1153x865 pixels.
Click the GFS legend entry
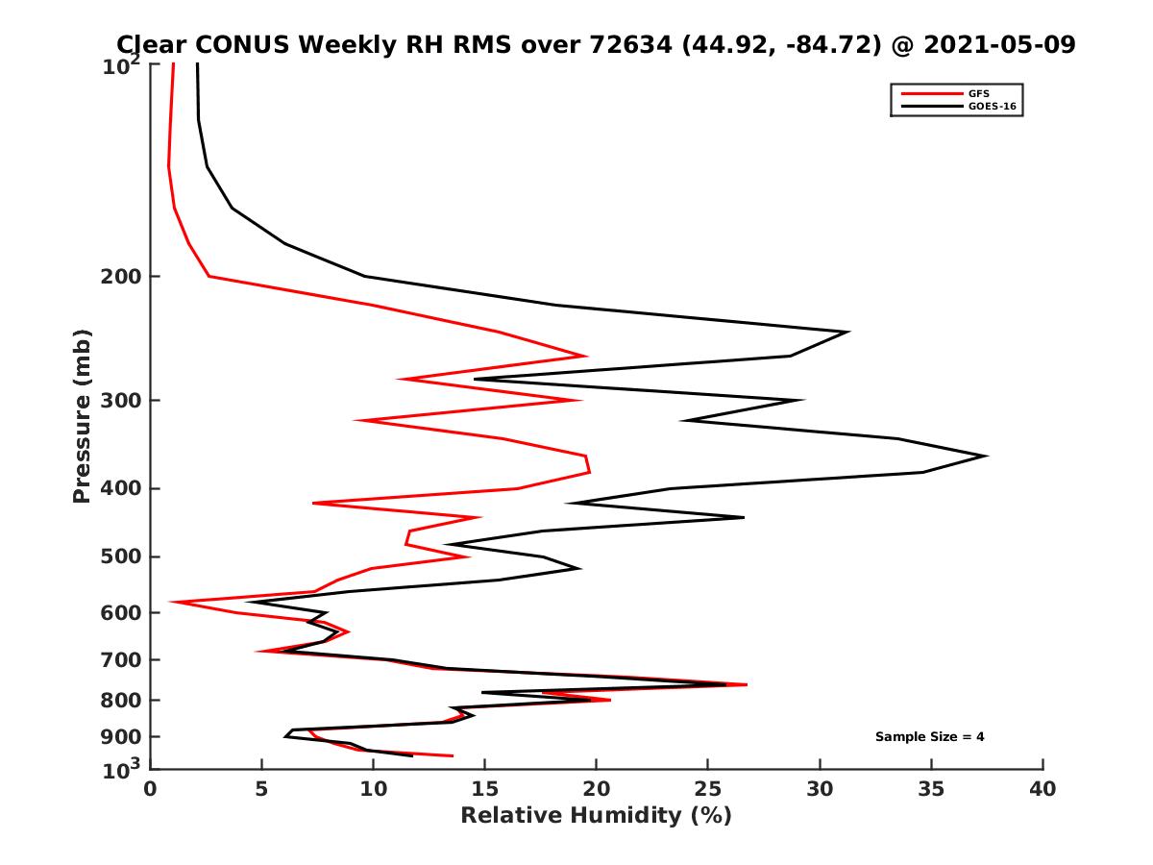[977, 93]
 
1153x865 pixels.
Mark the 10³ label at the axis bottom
[122, 769]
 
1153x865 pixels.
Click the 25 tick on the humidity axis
[708, 789]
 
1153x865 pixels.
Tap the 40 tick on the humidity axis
[1043, 789]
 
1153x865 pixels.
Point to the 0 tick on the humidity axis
[151, 789]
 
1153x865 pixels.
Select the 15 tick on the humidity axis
[485, 789]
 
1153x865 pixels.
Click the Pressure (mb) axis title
[82, 416]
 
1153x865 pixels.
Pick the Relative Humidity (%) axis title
[596, 816]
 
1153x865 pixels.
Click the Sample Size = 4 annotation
[929, 737]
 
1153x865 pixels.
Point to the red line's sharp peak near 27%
[746, 684]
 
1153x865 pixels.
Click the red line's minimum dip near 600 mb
[172, 603]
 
